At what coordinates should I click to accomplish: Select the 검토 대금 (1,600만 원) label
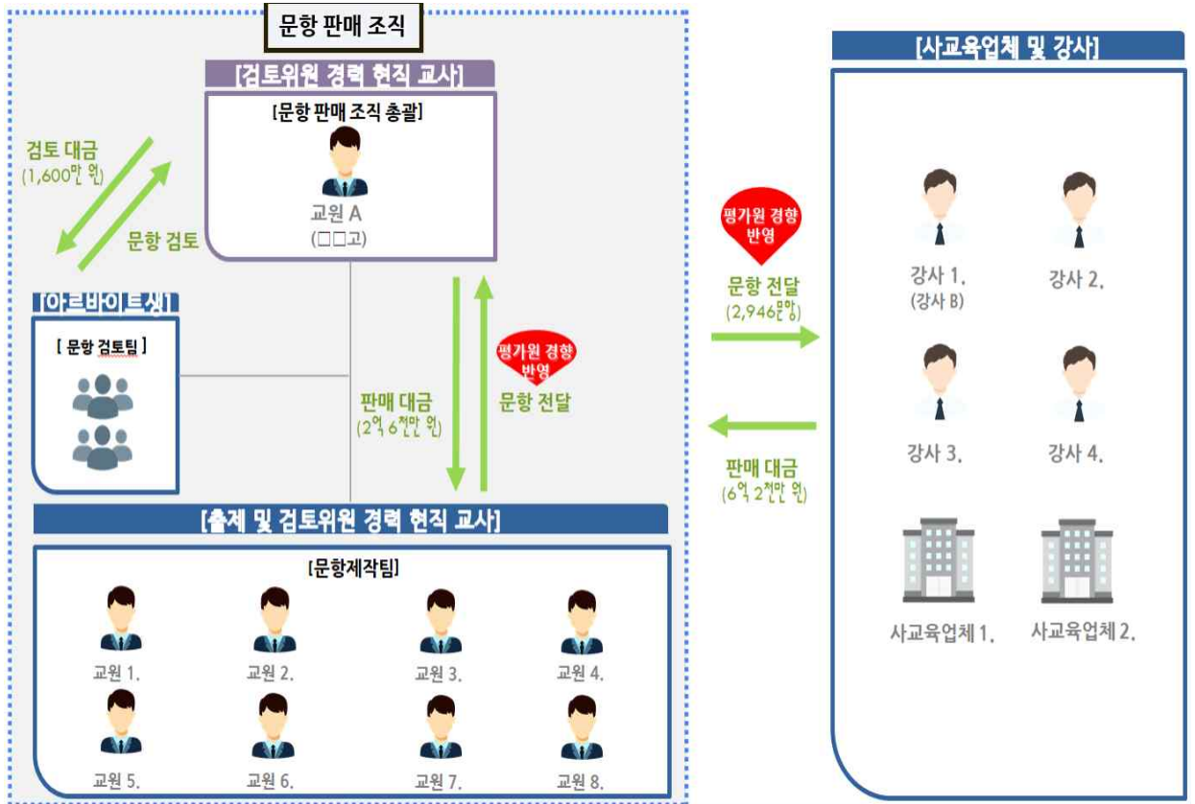click(x=64, y=162)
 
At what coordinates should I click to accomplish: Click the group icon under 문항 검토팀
click(x=103, y=421)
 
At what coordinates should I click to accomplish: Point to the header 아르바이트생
click(x=106, y=303)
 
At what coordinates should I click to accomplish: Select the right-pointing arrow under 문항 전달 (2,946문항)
click(x=764, y=336)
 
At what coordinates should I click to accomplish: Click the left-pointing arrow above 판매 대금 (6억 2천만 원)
click(x=764, y=425)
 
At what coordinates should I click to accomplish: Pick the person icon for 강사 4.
click(x=1078, y=384)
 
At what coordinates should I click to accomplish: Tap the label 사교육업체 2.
click(x=1083, y=632)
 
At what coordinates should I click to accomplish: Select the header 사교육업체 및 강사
click(x=1008, y=46)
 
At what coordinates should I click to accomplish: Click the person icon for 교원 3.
click(x=441, y=621)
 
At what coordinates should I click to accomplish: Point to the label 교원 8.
click(x=580, y=780)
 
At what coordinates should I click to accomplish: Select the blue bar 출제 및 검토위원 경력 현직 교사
click(x=350, y=521)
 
